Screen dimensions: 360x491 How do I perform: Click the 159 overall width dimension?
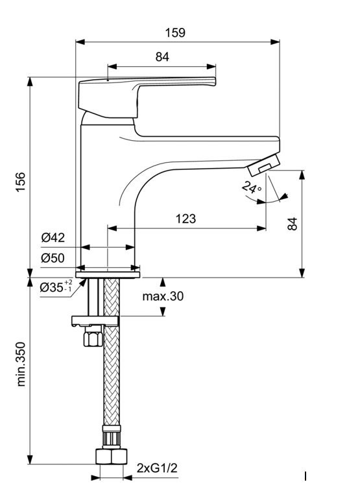tap(175, 32)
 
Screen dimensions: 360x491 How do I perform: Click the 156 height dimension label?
tap(20, 182)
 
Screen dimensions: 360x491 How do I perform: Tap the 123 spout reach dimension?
tap(186, 218)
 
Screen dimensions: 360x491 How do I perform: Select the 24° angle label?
tap(252, 188)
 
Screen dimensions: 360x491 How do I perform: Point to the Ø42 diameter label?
tap(53, 237)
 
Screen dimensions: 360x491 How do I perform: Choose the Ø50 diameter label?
tap(53, 257)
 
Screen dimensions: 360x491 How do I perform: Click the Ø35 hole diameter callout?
tap(56, 287)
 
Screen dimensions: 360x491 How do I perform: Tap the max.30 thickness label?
tap(163, 296)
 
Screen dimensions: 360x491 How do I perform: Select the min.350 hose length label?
tap(20, 364)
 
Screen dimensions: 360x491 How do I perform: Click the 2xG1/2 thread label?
tap(157, 468)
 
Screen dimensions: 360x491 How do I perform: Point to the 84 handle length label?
tap(162, 56)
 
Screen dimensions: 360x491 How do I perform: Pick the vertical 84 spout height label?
tap(293, 224)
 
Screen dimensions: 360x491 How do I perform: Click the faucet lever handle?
tap(147, 97)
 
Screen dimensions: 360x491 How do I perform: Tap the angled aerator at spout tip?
tap(263, 164)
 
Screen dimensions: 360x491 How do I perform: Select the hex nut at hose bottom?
tap(111, 457)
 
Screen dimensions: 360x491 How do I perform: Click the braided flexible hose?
tap(112, 352)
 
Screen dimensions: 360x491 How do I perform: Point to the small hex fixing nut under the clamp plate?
tap(93, 337)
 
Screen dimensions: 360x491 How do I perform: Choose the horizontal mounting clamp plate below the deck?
tap(95, 321)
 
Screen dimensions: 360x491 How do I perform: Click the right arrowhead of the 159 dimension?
tap(275, 42)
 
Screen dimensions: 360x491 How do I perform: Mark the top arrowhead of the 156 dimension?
tap(30, 82)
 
